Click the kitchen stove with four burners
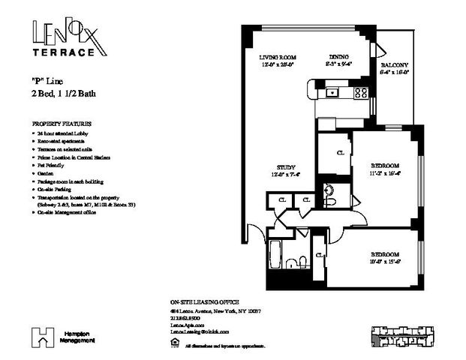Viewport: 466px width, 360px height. pos(361,93)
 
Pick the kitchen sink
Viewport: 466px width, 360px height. pos(333,93)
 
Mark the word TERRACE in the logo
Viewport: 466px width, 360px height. pos(65,53)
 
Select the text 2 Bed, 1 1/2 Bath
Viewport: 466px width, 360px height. pos(64,94)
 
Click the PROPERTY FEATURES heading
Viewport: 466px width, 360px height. pos(62,122)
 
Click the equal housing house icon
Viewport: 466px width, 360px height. pos(175,344)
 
